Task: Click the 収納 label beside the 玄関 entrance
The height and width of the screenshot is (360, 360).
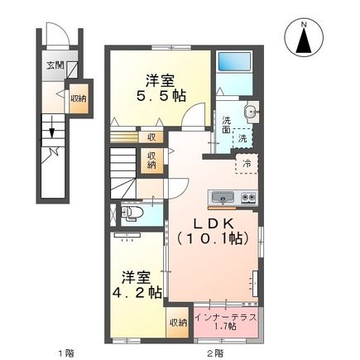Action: tap(77, 97)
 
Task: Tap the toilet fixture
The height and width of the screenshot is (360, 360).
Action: tap(132, 214)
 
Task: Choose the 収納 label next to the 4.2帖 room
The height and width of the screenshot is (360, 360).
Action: tap(177, 323)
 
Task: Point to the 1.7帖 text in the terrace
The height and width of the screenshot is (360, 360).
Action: tap(225, 328)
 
